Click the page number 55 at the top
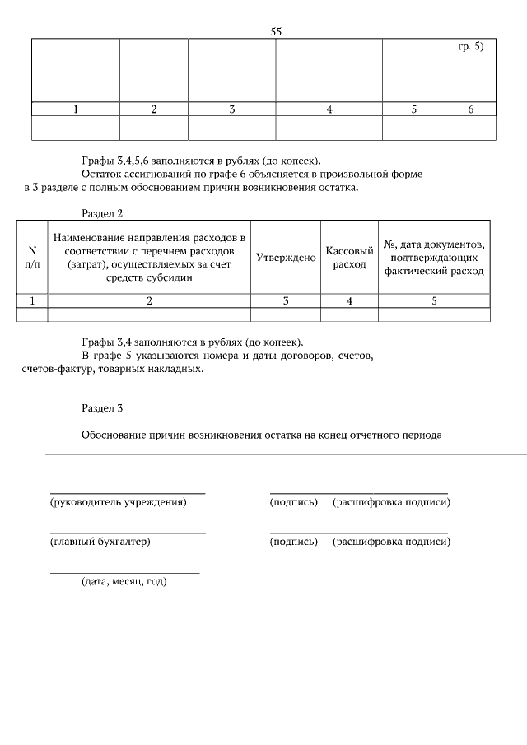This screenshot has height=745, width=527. pyautogui.click(x=277, y=31)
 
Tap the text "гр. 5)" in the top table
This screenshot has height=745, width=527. pyautogui.click(x=470, y=46)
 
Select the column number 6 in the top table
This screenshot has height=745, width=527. pyautogui.click(x=470, y=109)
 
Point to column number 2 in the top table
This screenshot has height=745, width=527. pyautogui.click(x=153, y=109)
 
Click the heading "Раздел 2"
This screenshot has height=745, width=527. pyautogui.click(x=102, y=213)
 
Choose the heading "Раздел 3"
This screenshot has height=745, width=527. pyautogui.click(x=102, y=407)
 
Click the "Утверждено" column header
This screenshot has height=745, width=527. pyautogui.click(x=286, y=257)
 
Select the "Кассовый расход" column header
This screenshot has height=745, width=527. pyautogui.click(x=349, y=257)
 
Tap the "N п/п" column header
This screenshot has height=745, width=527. pyautogui.click(x=32, y=257)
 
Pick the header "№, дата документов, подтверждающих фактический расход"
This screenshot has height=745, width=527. pyautogui.click(x=434, y=257)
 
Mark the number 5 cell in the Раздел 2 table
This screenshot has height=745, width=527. pyautogui.click(x=434, y=301)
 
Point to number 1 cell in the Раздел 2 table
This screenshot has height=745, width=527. pyautogui.click(x=32, y=301)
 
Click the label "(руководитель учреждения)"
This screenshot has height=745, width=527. pyautogui.click(x=119, y=502)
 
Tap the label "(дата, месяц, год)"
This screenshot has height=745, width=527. pyautogui.click(x=124, y=582)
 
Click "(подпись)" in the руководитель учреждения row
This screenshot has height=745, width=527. pyautogui.click(x=293, y=502)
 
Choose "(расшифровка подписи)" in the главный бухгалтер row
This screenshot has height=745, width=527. pyautogui.click(x=391, y=542)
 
